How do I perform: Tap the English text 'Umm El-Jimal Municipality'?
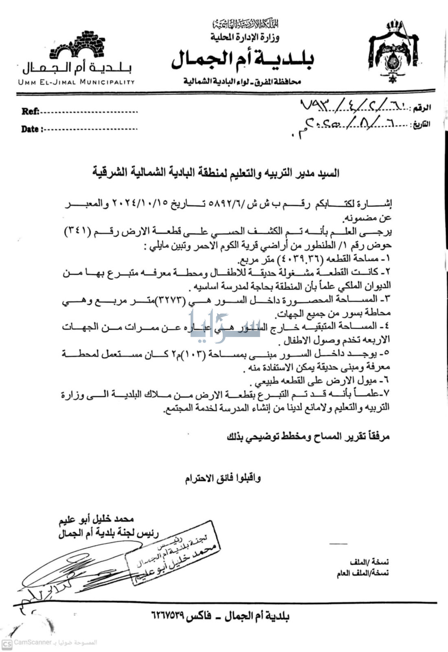point(76,82)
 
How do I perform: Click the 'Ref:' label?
point(30,111)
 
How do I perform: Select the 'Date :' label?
point(32,129)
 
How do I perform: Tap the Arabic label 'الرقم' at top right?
point(422,108)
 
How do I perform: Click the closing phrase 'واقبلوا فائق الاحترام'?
point(224,478)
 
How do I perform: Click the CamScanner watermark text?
point(33,642)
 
